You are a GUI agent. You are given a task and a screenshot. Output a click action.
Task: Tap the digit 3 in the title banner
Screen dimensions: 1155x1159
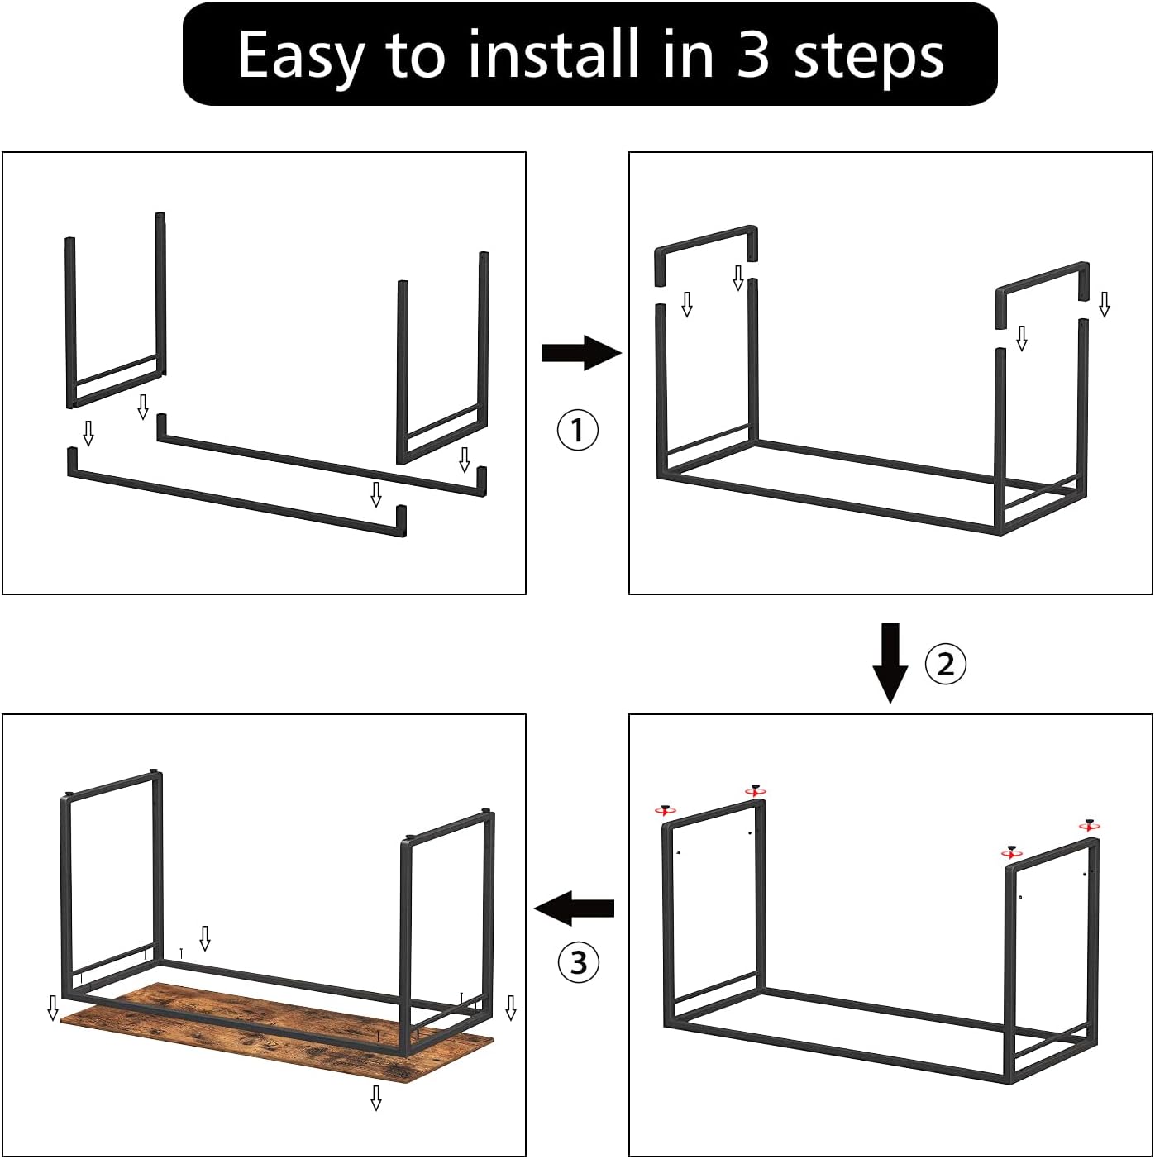click(x=752, y=55)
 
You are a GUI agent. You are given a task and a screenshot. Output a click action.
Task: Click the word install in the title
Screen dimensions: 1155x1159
click(x=553, y=53)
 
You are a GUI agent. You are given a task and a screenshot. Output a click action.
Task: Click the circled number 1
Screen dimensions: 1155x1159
click(x=577, y=430)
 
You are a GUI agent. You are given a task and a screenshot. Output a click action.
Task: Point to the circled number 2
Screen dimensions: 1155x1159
click(x=945, y=665)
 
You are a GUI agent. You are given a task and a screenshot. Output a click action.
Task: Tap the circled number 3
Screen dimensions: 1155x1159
click(x=579, y=962)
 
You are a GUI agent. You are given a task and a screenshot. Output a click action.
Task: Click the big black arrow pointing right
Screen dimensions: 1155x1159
click(x=581, y=354)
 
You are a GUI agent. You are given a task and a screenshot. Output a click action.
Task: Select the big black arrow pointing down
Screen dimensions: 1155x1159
click(x=890, y=663)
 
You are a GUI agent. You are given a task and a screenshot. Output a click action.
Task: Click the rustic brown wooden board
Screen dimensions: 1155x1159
click(x=277, y=1034)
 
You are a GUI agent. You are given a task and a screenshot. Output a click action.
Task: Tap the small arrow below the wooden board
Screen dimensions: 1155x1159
click(x=376, y=1099)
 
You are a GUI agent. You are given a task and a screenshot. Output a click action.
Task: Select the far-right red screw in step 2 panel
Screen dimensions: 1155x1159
click(x=1089, y=825)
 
